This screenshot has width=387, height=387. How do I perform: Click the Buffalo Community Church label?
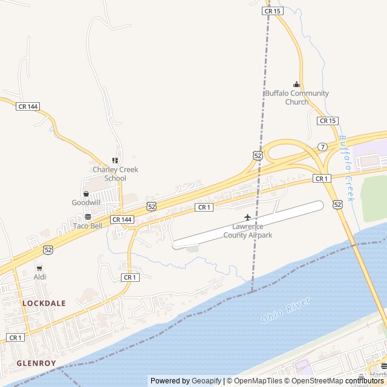pyautogui.click(x=297, y=97)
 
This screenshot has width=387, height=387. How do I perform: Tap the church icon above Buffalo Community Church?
pyautogui.click(x=296, y=85)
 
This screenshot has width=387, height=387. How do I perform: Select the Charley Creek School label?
pyautogui.click(x=115, y=174)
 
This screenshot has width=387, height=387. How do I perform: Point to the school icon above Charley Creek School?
pyautogui.click(x=115, y=161)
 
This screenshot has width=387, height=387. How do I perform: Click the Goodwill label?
pyautogui.click(x=86, y=203)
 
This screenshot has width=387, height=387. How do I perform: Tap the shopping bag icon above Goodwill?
pyautogui.click(x=86, y=194)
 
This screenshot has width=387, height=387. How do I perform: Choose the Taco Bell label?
pyautogui.click(x=88, y=226)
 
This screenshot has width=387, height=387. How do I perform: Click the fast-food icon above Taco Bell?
pyautogui.click(x=88, y=216)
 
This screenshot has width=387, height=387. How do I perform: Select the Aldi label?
pyautogui.click(x=40, y=277)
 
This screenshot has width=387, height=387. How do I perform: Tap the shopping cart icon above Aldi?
pyautogui.click(x=40, y=268)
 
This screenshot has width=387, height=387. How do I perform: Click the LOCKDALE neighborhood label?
pyautogui.click(x=44, y=303)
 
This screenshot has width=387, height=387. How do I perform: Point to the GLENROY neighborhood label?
pyautogui.click(x=36, y=363)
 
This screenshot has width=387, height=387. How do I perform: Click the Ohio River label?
pyautogui.click(x=285, y=310)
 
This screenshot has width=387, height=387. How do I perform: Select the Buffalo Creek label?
pyautogui.click(x=346, y=168)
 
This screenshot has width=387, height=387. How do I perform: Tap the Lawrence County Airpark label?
pyautogui.click(x=252, y=230)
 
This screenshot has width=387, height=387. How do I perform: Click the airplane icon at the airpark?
pyautogui.click(x=247, y=217)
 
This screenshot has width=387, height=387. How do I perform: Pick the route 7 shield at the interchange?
pyautogui.click(x=323, y=147)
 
